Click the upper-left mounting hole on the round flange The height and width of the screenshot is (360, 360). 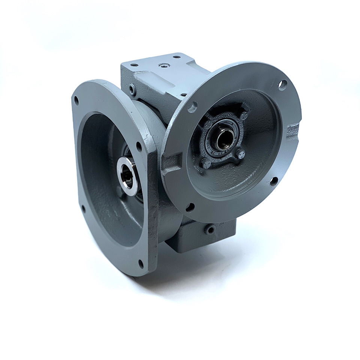(x=192, y=107)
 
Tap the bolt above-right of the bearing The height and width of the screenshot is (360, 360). (x=244, y=115)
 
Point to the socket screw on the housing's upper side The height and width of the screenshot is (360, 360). (x=132, y=89)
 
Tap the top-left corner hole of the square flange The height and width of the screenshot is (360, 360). (x=76, y=100)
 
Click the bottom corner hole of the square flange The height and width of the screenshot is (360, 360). (x=141, y=264)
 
